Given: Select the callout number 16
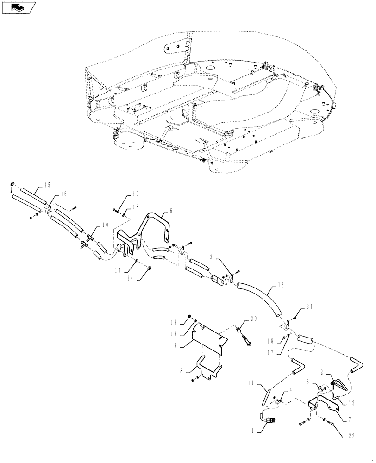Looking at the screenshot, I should click(63, 195).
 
